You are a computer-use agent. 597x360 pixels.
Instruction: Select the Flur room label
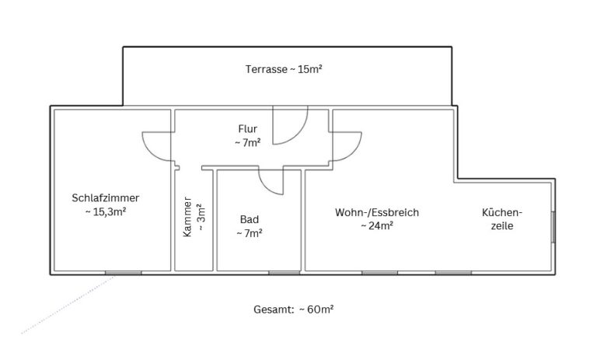click(247, 128)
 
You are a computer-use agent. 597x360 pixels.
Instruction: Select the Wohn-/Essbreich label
click(377, 211)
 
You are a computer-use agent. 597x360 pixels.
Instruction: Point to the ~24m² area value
click(376, 225)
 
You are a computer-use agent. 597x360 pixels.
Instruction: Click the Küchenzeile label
click(501, 218)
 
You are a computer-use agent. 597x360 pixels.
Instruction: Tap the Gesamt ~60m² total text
click(294, 309)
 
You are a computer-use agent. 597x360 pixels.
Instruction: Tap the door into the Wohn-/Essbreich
click(344, 145)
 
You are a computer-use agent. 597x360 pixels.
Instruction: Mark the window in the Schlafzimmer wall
click(123, 272)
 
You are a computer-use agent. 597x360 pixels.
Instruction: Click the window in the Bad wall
click(284, 272)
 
